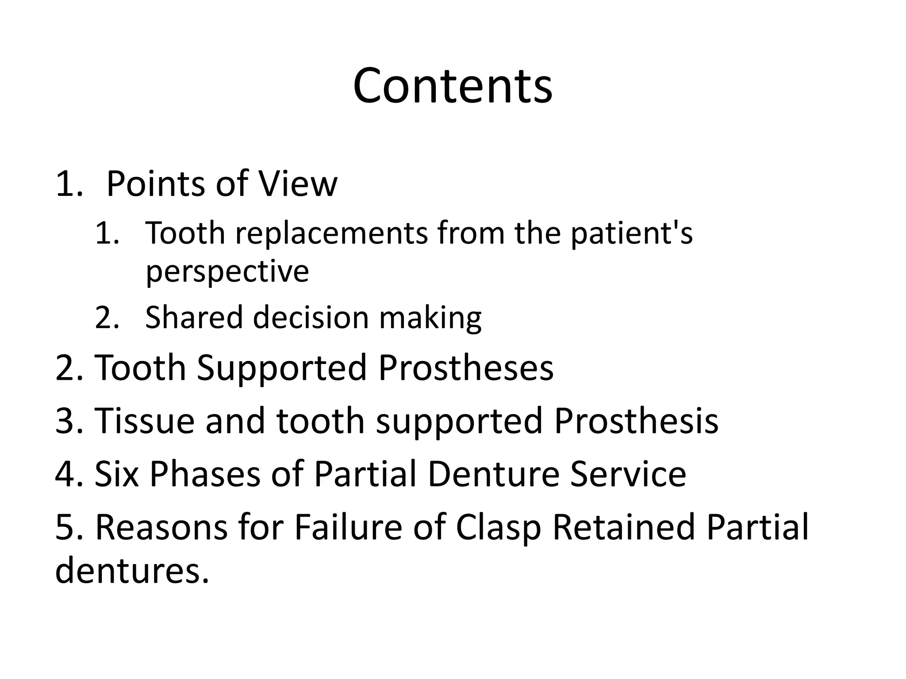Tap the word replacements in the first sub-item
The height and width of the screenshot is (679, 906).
331,233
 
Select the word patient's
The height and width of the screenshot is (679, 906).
631,233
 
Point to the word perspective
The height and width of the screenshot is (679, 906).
227,271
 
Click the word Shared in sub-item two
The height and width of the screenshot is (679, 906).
194,317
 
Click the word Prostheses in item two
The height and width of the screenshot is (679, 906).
465,367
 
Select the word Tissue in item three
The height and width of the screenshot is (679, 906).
144,420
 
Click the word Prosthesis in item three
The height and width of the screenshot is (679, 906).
636,420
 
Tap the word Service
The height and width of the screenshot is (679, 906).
628,474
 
